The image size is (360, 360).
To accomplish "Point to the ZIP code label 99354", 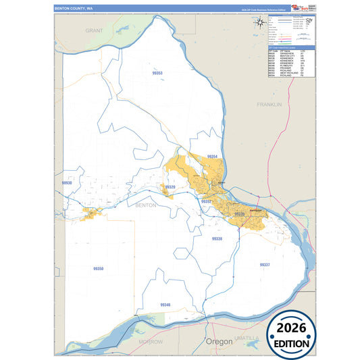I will (x=213, y=156).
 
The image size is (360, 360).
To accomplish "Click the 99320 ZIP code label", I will (x=170, y=187).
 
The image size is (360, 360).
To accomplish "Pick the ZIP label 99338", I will (x=217, y=239).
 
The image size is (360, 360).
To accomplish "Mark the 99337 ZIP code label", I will (x=265, y=265).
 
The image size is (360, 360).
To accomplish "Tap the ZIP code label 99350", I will (x=99, y=268).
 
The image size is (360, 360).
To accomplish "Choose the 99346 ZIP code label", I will (x=165, y=305).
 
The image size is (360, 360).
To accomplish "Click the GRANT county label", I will (x=94, y=31).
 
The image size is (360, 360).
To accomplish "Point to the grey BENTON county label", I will (x=146, y=204).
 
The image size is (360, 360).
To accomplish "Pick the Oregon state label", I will (x=219, y=342).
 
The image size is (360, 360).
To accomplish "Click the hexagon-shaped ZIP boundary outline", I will (x=182, y=254).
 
